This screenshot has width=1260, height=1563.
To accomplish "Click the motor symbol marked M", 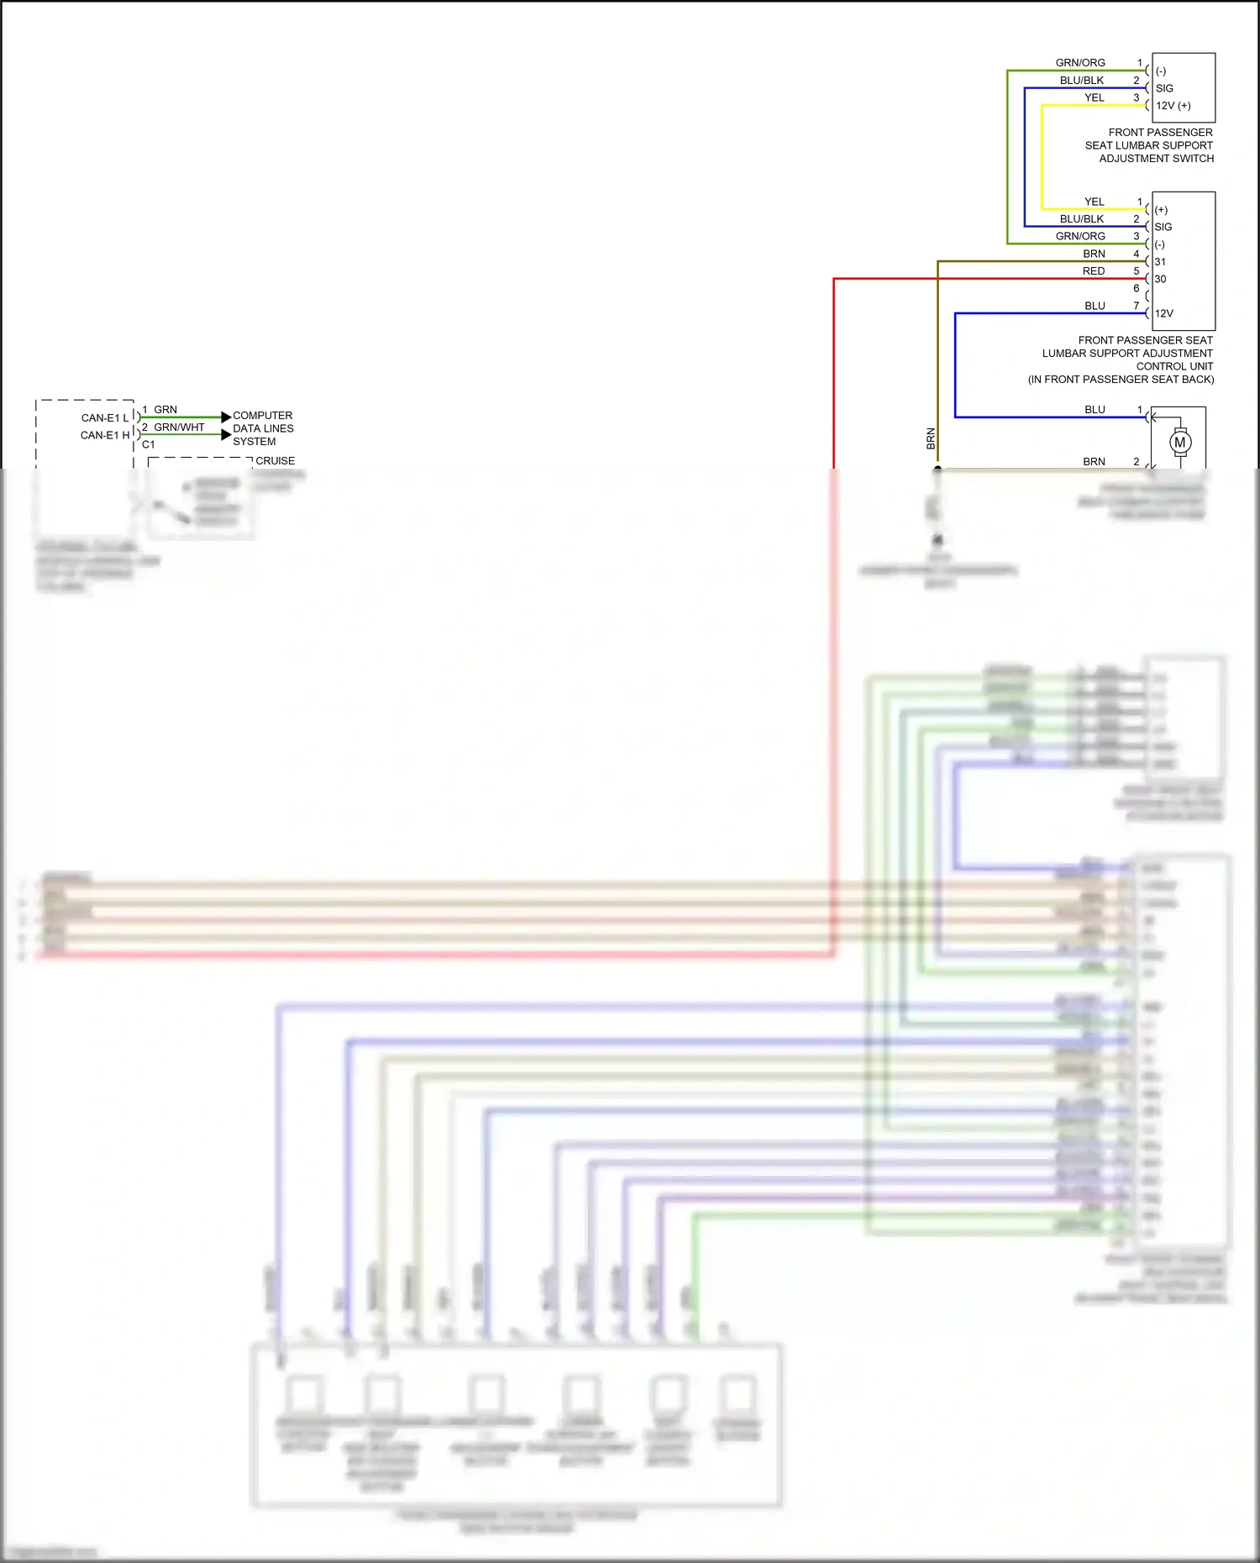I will click(x=1180, y=443).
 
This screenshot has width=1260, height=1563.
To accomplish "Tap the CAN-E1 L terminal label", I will click(x=105, y=417).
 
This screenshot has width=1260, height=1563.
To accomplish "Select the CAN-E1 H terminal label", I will click(x=105, y=435).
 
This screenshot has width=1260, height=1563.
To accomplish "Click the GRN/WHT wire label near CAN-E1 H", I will click(x=179, y=427).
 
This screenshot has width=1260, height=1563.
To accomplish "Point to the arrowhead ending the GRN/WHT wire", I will click(x=225, y=434).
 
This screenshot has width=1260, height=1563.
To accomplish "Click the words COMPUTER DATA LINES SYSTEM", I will click(x=263, y=428).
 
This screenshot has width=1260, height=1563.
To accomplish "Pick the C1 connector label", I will click(x=149, y=444).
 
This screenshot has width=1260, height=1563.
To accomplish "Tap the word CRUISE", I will click(x=276, y=461).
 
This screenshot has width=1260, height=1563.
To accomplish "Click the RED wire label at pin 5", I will click(x=1094, y=271).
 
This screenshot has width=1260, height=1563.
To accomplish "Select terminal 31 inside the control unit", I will click(x=1160, y=262).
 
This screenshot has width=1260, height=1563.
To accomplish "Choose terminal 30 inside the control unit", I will click(x=1160, y=279).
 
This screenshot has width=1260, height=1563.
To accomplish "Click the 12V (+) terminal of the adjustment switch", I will click(x=1173, y=106).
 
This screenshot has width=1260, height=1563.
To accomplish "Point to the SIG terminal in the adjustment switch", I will click(x=1164, y=88).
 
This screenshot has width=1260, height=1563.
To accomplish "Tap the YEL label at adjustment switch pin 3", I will click(x=1094, y=97).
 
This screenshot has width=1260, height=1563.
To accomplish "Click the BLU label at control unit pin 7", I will click(x=1095, y=306).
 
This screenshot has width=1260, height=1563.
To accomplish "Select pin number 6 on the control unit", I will click(x=1137, y=288).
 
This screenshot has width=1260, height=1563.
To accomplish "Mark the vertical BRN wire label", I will click(x=931, y=438).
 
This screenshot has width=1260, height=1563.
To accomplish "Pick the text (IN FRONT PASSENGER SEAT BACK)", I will click(x=1121, y=379).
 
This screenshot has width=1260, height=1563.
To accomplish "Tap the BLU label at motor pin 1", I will click(x=1095, y=410).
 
